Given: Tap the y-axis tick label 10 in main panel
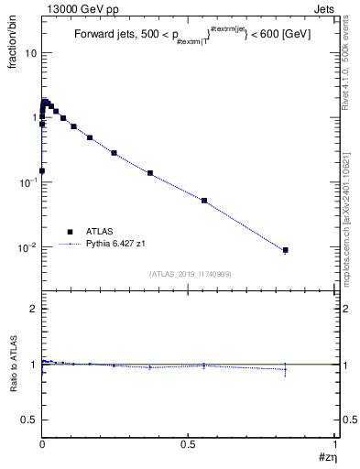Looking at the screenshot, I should [x=30, y=52].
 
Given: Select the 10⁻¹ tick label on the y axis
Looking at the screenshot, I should [x=27, y=182].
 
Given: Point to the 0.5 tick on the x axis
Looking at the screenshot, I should [x=188, y=443].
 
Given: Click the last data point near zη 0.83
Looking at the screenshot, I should [x=285, y=250].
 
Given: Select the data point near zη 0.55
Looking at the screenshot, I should [x=204, y=200].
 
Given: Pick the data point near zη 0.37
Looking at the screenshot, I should [x=149, y=173].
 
